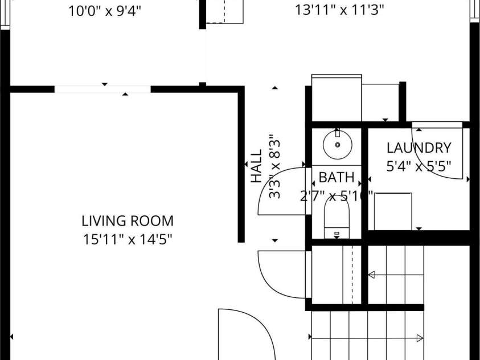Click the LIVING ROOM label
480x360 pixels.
pyautogui.click(x=128, y=221)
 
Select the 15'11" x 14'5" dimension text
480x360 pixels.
pyautogui.click(x=128, y=239)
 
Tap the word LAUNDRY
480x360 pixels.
pyautogui.click(x=419, y=148)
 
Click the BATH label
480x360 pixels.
pyautogui.click(x=337, y=178)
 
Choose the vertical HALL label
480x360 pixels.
pyautogui.click(x=257, y=166)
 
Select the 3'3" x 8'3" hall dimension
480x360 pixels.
pyautogui.click(x=275, y=166)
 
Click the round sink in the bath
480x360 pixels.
pyautogui.click(x=338, y=144)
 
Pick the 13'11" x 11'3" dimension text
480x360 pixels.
pyautogui.click(x=340, y=10)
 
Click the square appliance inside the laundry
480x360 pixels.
pyautogui.click(x=393, y=211)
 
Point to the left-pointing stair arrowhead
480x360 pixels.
pyautogui.click(x=371, y=275)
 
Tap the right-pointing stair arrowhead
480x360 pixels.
pyautogui.click(x=420, y=338)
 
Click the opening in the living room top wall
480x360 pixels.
pyautogui.click(x=102, y=89)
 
